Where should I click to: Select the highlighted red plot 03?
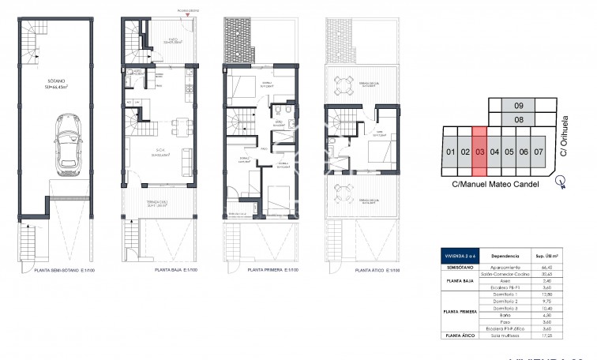pyautogui.click(x=479, y=151)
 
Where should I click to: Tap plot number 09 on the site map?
pyautogui.click(x=519, y=106)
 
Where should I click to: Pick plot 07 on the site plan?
pyautogui.click(x=539, y=151)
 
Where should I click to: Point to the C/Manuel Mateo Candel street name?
pyautogui.click(x=494, y=184)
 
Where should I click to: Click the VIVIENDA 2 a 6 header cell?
pyautogui.click(x=458, y=256)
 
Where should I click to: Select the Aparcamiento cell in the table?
pyautogui.click(x=505, y=268)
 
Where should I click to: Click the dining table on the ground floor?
pyautogui.click(x=181, y=123)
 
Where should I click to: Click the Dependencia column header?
pyautogui.click(x=505, y=256)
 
